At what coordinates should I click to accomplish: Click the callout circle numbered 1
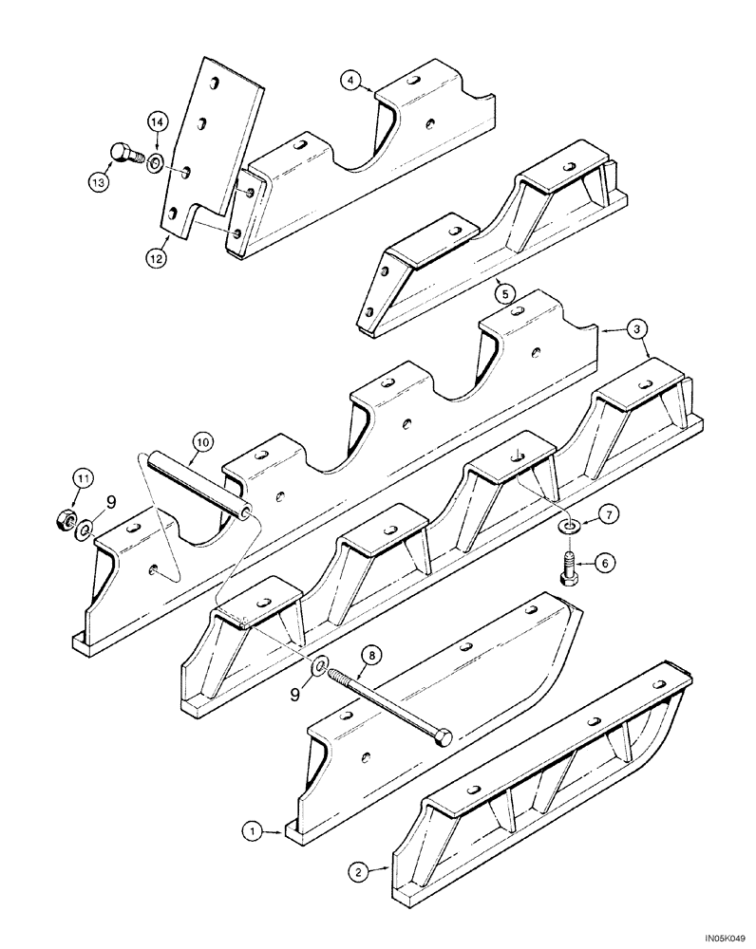click(x=251, y=832)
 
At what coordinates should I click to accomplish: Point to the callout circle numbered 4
click(x=352, y=82)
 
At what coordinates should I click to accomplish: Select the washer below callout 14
click(x=156, y=161)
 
